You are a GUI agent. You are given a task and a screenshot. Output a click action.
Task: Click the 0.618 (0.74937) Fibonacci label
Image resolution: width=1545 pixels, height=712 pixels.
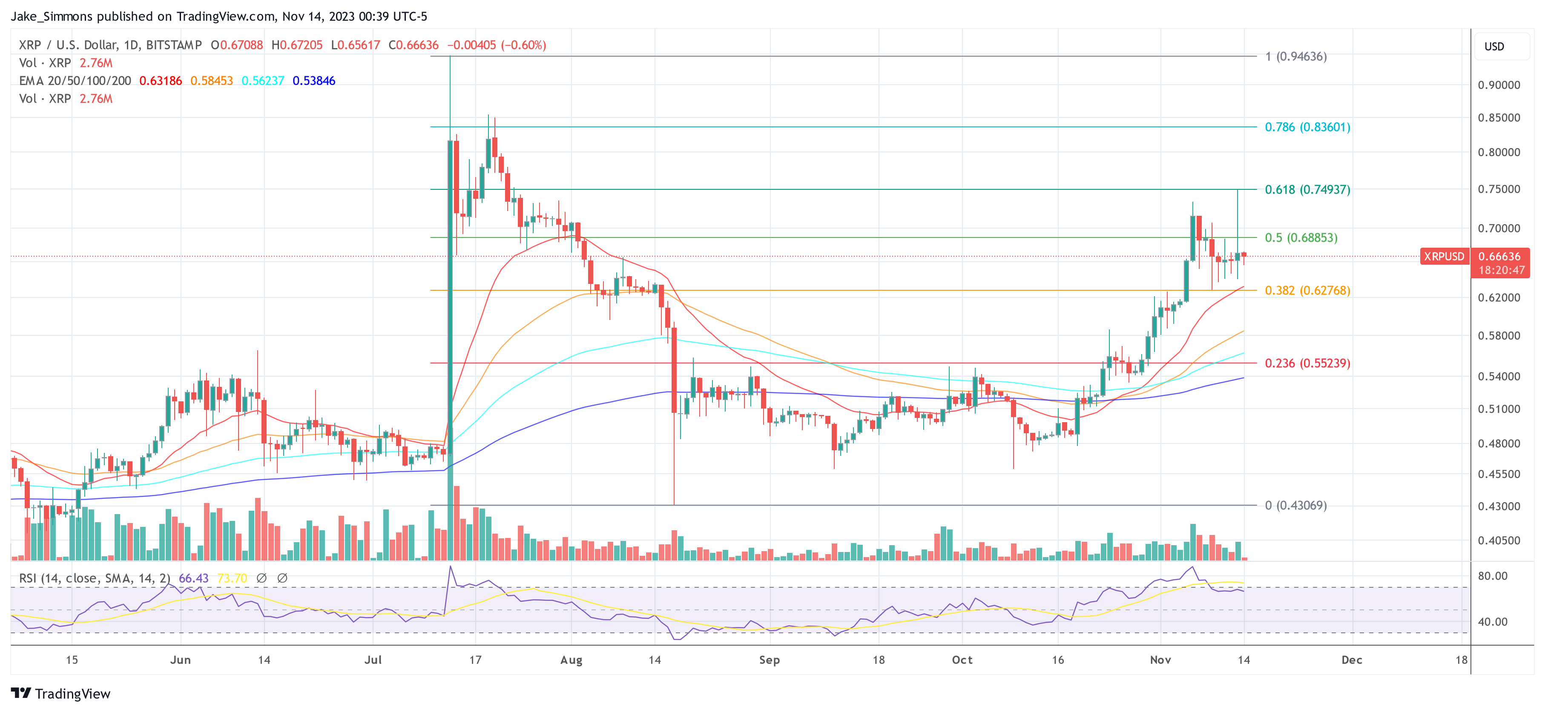pos(1307,189)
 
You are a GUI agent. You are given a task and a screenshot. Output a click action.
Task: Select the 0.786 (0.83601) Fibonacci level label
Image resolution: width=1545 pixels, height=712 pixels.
pos(1307,127)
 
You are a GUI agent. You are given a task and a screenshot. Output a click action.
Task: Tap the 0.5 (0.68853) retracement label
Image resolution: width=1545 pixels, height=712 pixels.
pos(1301,237)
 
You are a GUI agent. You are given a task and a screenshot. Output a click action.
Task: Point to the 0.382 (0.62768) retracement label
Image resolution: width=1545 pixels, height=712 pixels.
pos(1307,290)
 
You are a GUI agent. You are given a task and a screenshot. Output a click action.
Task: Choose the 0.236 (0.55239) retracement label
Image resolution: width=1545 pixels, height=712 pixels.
pos(1307,363)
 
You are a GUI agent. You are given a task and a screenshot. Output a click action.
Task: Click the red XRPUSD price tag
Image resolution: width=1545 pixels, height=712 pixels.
pos(1444,257)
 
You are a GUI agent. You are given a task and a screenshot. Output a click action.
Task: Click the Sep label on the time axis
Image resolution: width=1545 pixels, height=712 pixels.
pos(770,660)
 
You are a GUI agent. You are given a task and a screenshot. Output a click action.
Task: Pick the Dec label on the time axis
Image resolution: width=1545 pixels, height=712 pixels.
pos(1352,660)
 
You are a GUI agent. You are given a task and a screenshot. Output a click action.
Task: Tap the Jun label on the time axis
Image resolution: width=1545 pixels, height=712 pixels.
pos(181,660)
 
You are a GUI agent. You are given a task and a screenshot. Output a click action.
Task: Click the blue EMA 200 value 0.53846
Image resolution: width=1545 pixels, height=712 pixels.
pos(314,81)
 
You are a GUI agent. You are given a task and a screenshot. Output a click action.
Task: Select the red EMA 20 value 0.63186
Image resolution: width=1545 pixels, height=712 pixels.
pos(160,81)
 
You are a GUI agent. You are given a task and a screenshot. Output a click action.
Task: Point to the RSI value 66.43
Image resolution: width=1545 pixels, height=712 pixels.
pos(194,578)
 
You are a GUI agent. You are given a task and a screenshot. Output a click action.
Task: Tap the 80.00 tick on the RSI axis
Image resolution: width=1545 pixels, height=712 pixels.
pos(1492,576)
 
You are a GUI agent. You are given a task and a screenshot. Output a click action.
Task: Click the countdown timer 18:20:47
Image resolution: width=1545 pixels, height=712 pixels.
pos(1501,270)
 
